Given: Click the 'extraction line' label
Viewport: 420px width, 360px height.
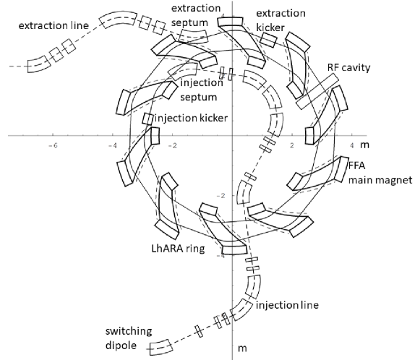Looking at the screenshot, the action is tap(53, 26).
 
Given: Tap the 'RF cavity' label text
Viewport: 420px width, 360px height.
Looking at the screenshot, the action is tap(348, 68).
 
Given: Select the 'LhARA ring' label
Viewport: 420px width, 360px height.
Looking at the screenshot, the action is tap(178, 249).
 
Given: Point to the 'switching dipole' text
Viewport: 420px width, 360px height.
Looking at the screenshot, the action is tap(129, 338).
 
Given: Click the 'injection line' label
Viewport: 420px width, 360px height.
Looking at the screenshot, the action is tap(288, 305).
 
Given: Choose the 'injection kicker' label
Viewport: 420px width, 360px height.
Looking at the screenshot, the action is tap(192, 118).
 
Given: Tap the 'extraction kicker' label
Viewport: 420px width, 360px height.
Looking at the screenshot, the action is tap(280, 20).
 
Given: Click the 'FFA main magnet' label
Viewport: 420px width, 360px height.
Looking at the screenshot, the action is tap(380, 173).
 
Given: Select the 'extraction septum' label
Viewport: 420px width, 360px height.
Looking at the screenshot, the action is tap(196, 15).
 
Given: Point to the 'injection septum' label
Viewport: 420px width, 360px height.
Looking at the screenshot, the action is tap(202, 90).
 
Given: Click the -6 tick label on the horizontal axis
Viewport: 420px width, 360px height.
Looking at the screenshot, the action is tap(53, 145).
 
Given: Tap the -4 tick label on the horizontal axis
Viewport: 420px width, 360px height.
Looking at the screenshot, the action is tap(113, 145).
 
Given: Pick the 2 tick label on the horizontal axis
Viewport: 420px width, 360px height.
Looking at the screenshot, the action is tap(292, 145).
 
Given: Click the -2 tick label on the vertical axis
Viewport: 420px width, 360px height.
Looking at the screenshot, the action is tap(221, 196).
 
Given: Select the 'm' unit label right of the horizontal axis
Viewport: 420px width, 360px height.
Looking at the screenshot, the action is tap(365, 145).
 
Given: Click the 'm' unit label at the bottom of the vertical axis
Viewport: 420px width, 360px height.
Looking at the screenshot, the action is tap(242, 348).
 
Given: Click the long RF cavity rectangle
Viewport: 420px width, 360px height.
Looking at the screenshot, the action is tap(317, 91).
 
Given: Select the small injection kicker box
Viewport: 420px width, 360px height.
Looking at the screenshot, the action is tap(147, 119).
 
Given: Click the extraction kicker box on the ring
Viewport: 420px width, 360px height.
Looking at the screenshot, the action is tap(269, 40).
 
